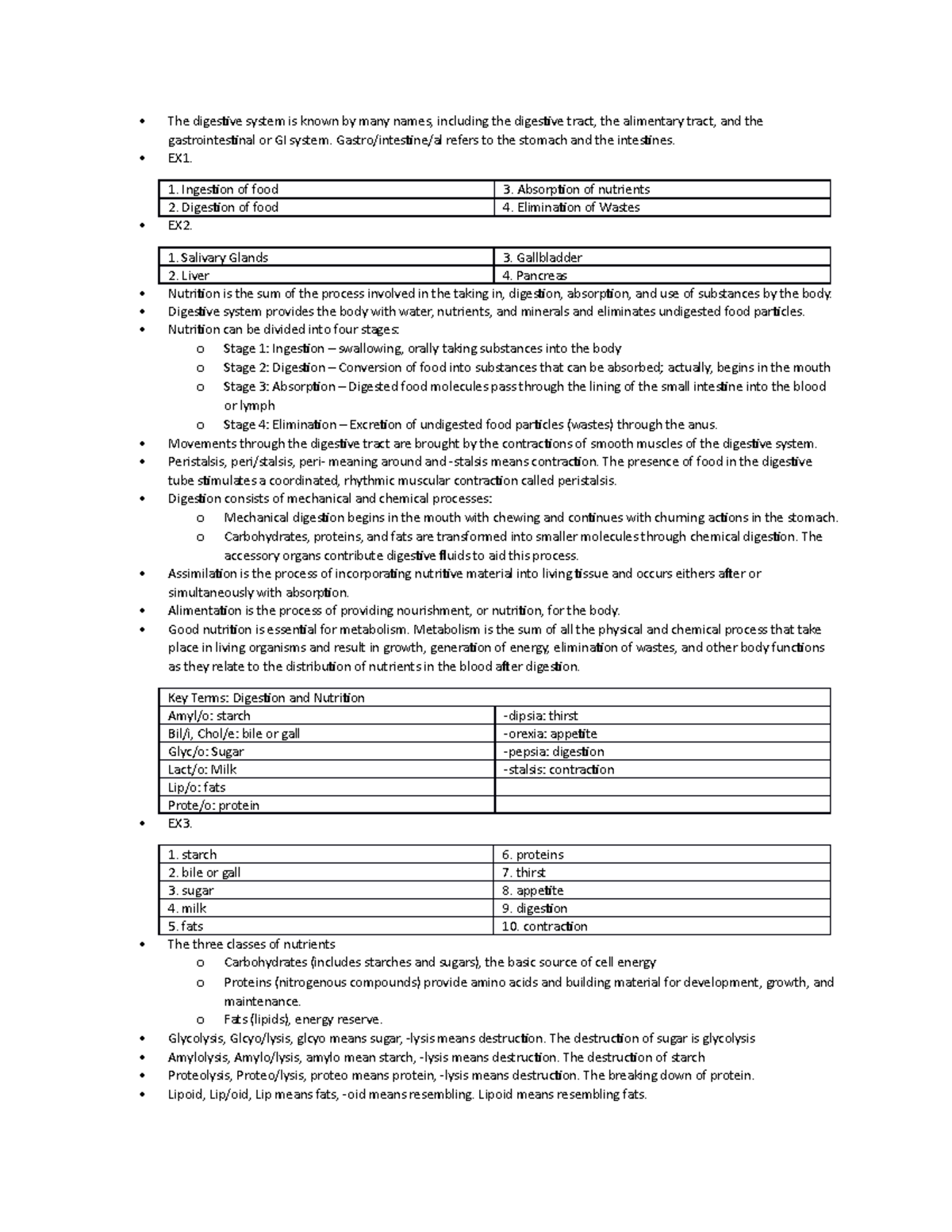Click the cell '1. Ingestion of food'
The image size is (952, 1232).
pos(325,190)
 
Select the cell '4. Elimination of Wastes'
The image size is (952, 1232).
pos(662,208)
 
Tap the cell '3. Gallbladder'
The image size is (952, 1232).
pos(662,258)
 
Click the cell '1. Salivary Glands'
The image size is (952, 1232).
pos(325,258)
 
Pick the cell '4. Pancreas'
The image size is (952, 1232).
pos(662,276)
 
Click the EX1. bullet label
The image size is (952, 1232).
pos(179,159)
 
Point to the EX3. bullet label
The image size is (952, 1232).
pos(179,823)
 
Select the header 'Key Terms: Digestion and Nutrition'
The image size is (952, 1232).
pos(493,698)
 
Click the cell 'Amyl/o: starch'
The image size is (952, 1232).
pos(325,716)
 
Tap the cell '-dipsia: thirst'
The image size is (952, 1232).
pos(662,716)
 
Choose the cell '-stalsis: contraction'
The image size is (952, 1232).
pos(662,770)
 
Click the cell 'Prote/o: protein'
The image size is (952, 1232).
pos(325,805)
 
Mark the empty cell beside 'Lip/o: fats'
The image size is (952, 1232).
pos(662,788)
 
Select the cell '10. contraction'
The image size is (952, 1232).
pos(662,927)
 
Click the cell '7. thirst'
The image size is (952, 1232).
pos(662,873)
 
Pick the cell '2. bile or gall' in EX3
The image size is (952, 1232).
pos(325,873)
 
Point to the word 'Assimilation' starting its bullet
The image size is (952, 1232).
pos(202,574)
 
